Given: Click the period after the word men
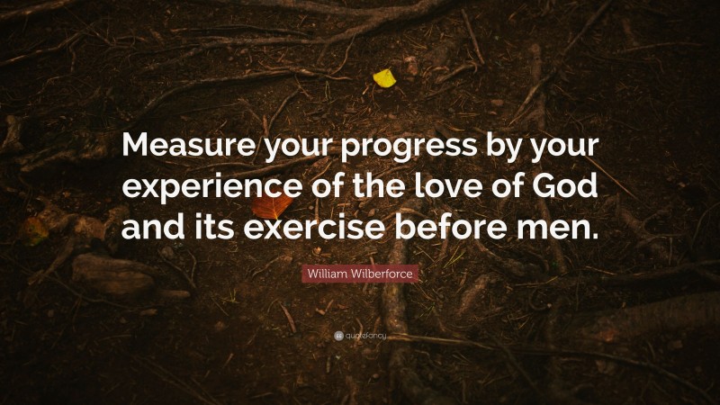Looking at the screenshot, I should point(592,237).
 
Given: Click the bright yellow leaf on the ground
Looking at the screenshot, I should point(384,78).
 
